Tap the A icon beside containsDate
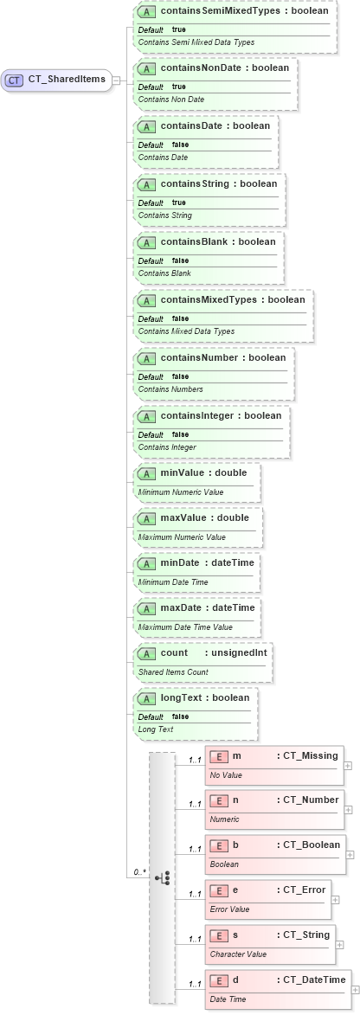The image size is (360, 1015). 147,126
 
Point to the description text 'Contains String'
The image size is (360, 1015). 164,215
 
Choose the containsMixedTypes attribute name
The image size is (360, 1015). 209,299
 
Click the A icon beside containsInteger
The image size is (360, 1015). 147,416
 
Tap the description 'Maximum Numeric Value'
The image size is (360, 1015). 181,537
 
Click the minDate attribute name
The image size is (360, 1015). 180,562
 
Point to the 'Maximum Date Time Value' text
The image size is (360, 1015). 185,627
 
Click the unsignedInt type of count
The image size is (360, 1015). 241,652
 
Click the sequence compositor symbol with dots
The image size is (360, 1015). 162,877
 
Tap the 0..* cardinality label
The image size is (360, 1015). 138,872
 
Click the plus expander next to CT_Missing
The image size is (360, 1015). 348,765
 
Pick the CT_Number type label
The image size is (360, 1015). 311,800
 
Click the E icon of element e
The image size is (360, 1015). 219,890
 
